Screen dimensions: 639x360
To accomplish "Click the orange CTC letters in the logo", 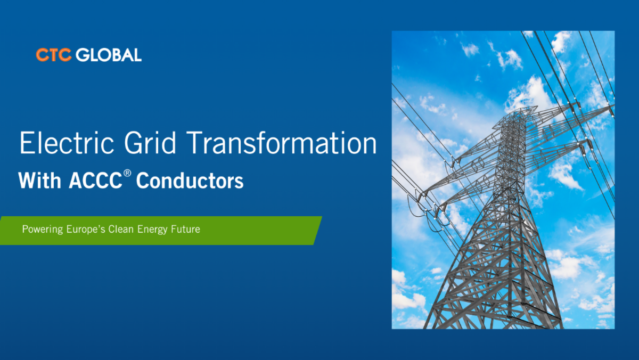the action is click(54, 55).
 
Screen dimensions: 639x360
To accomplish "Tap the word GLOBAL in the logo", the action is click(109, 55).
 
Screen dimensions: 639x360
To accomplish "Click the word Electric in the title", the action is click(67, 143).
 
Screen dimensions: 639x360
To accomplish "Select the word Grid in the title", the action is click(150, 143).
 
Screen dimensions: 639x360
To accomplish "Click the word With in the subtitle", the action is click(39, 181).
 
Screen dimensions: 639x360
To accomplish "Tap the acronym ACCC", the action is click(95, 181).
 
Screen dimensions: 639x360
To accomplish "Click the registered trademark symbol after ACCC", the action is click(127, 173).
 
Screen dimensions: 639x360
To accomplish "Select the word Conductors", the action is click(190, 181).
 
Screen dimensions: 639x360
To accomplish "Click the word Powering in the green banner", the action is click(43, 230).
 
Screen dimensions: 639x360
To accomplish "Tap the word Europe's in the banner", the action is click(86, 229).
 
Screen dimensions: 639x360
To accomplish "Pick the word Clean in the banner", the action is click(121, 229).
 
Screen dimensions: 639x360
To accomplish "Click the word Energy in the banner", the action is click(152, 230).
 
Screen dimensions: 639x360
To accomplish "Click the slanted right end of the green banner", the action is click(318, 231).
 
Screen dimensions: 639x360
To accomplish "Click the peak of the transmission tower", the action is click(521, 109).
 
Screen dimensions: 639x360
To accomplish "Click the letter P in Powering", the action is click(25, 229).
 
